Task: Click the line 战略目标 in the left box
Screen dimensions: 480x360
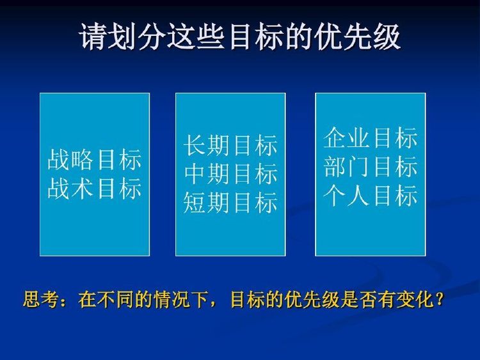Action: [x=95, y=159]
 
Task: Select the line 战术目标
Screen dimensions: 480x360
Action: [x=95, y=188]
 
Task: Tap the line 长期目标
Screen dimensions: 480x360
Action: [x=231, y=145]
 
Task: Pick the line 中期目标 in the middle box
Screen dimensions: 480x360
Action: [x=231, y=174]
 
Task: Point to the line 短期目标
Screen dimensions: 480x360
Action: [x=231, y=203]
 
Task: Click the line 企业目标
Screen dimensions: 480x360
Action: [x=371, y=138]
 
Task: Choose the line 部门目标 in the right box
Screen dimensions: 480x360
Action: [x=371, y=167]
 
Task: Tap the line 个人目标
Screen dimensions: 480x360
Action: [x=371, y=196]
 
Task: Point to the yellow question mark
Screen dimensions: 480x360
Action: [x=439, y=299]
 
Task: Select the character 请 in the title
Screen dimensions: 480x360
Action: [x=93, y=36]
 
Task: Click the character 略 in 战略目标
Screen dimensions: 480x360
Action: [x=83, y=159]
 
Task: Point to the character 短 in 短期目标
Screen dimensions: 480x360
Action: [x=195, y=203]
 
